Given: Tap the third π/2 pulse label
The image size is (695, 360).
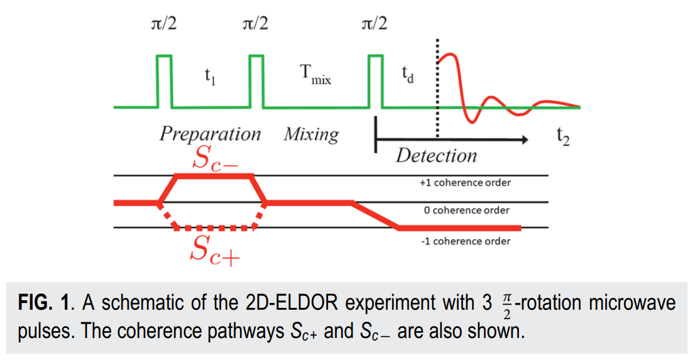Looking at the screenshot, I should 375,25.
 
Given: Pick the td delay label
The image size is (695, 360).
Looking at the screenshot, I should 408,75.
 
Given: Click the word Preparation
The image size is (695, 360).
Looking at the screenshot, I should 209,134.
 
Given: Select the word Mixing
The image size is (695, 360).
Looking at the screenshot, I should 311,134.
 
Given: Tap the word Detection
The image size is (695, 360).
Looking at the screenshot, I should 436,155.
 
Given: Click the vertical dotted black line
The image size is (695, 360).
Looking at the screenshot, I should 437,94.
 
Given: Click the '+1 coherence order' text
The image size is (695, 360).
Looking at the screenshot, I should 465,183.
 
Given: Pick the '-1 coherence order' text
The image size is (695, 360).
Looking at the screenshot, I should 466,241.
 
